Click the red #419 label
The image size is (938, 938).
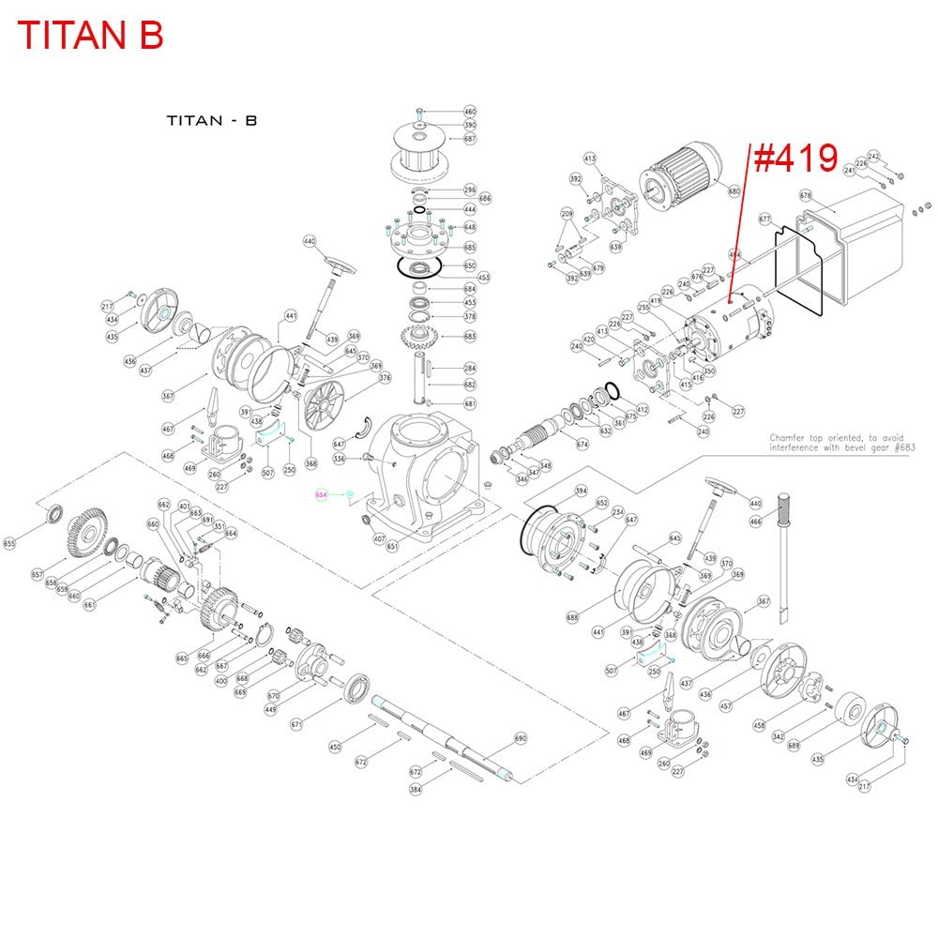[795, 159]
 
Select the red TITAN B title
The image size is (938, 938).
[91, 35]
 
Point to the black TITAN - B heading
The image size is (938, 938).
[211, 120]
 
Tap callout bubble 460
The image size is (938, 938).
[471, 112]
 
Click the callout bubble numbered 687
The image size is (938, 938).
[471, 139]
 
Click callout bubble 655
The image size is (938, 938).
[10, 542]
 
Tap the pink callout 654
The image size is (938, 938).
[321, 494]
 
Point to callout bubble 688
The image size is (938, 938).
[572, 617]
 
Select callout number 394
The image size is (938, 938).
[581, 491]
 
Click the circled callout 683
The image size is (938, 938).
[471, 336]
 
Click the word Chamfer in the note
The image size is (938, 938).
[786, 438]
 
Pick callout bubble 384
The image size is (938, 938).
[415, 789]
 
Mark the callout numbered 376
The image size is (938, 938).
[358, 378]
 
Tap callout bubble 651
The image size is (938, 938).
[392, 546]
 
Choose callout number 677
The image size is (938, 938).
[764, 219]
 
